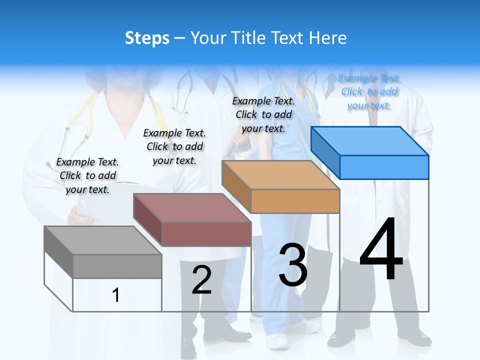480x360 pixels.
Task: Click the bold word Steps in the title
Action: click(x=147, y=38)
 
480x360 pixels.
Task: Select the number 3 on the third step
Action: click(x=293, y=265)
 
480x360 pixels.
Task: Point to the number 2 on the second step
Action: click(x=201, y=279)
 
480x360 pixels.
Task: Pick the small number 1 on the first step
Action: click(x=115, y=295)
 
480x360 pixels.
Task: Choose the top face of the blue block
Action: click(x=369, y=140)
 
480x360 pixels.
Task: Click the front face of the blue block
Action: click(x=384, y=167)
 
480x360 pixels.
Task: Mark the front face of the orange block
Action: click(x=295, y=201)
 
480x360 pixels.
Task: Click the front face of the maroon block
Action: click(x=206, y=234)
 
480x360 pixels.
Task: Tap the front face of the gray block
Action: click(x=117, y=266)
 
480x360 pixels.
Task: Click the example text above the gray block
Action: click(x=87, y=175)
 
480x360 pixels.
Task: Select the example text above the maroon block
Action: click(x=174, y=146)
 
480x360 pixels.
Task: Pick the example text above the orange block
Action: click(x=263, y=114)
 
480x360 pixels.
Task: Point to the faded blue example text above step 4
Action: click(x=369, y=91)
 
